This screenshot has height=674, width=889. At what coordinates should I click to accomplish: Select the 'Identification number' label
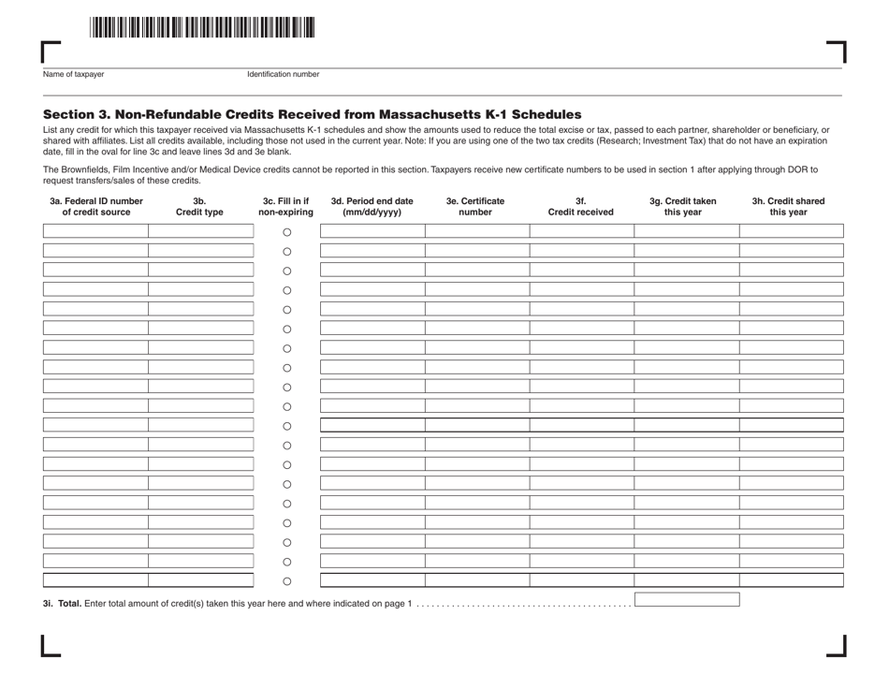pyautogui.click(x=283, y=74)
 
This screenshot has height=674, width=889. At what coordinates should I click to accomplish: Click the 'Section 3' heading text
pyautogui.click(x=305, y=112)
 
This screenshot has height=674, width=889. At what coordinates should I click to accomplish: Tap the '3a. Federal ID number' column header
pyautogui.click(x=96, y=206)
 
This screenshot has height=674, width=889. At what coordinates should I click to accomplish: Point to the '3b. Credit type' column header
pyautogui.click(x=199, y=206)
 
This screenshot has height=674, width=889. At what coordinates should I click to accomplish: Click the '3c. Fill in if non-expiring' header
pyautogui.click(x=286, y=206)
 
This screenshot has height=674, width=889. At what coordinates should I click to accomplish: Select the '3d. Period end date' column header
pyautogui.click(x=372, y=206)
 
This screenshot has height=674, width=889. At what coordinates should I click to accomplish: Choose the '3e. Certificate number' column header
pyautogui.click(x=475, y=206)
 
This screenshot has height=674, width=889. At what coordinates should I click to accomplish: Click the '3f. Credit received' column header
pyautogui.click(x=580, y=206)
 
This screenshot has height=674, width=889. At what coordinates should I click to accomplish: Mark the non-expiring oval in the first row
pyautogui.click(x=287, y=232)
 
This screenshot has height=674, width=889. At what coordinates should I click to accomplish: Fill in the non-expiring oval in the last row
pyautogui.click(x=287, y=581)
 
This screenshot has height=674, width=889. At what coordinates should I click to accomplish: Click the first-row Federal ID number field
pyautogui.click(x=95, y=231)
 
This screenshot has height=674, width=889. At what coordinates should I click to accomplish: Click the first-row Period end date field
pyautogui.click(x=372, y=231)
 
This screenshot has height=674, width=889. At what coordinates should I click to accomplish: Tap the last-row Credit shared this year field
pyautogui.click(x=791, y=580)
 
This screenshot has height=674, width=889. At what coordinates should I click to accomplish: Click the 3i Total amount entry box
pyautogui.click(x=687, y=599)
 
